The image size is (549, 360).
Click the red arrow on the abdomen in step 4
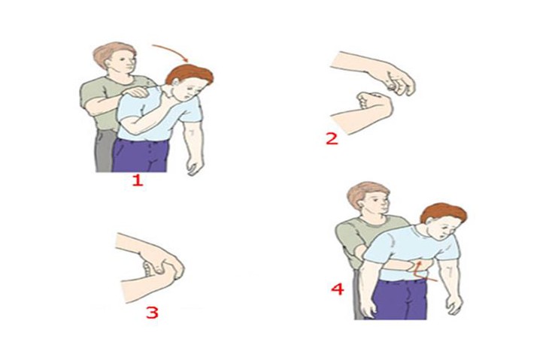[x=421, y=271]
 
